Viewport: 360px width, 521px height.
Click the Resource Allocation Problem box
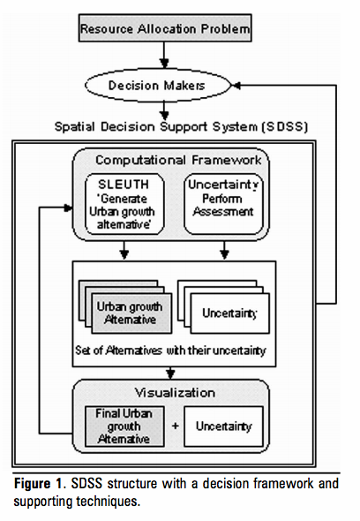(165, 28)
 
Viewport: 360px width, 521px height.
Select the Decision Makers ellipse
(158, 86)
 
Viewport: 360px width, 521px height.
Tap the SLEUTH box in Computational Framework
(124, 204)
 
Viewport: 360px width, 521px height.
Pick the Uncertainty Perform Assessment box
(223, 204)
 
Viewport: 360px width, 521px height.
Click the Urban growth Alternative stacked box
(131, 313)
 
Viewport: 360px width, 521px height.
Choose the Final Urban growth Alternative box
(124, 427)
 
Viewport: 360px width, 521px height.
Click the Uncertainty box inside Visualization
(223, 427)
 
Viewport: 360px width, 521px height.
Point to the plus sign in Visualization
(175, 426)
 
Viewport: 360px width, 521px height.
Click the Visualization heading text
(175, 393)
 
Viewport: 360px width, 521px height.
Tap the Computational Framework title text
(178, 160)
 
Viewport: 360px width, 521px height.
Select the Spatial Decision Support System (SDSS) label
(182, 126)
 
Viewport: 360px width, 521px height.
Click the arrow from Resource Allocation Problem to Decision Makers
(164, 55)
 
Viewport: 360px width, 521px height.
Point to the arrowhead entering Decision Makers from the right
(236, 86)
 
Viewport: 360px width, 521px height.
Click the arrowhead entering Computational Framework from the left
(68, 208)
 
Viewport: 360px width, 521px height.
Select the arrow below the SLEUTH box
(124, 250)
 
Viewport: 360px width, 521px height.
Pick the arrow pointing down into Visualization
(170, 374)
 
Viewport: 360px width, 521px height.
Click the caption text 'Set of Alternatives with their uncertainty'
(170, 351)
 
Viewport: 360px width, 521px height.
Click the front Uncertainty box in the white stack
(229, 313)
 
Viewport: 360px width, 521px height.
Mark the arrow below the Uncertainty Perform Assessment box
(224, 250)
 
